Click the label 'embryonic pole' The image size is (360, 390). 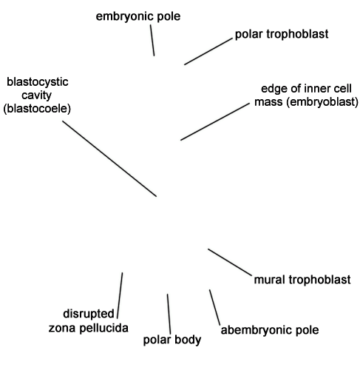138,17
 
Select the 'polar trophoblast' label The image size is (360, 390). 282,34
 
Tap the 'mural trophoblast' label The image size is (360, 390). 302,280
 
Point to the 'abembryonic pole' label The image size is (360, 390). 270,330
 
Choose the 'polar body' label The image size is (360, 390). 172,340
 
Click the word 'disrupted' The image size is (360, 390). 89,314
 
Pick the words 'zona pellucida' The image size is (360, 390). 89,328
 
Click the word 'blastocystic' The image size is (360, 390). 38,82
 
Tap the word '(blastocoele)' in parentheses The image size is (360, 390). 37,109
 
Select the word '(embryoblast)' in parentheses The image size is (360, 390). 322,102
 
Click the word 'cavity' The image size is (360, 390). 36,95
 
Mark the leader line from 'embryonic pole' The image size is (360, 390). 152,40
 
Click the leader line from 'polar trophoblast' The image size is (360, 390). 208,52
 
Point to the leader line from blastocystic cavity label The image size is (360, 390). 109,158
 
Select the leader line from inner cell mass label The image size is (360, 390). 215,121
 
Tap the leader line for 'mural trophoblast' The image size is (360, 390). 230,262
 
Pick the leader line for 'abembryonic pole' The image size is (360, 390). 215,307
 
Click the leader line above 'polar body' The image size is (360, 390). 169,314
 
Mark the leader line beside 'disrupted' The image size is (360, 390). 120,295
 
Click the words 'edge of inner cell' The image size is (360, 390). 306,89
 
